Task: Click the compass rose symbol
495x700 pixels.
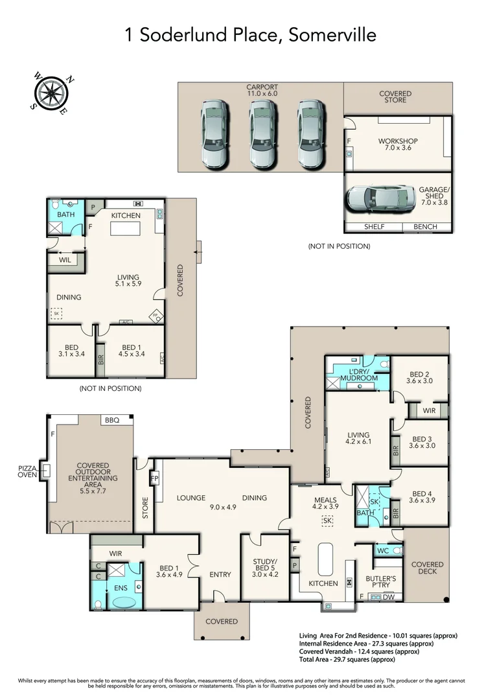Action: (52, 93)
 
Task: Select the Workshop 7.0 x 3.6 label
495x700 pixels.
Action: (398, 144)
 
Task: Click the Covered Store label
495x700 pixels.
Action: (395, 97)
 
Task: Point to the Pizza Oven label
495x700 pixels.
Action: (27, 471)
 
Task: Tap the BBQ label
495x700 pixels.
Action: (112, 420)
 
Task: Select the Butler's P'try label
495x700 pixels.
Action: (381, 581)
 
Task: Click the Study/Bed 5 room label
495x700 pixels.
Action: (265, 568)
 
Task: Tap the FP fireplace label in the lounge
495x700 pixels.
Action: (155, 478)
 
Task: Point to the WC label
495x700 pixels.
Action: (383, 551)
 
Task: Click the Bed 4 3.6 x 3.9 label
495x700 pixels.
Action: (422, 497)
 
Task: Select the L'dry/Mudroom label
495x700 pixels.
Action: (359, 375)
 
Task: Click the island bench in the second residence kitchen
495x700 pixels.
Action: (126, 229)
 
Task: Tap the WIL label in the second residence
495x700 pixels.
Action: (65, 260)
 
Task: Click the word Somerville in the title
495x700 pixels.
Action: (332, 35)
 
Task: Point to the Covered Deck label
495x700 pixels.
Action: (427, 568)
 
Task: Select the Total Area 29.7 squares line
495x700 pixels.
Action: (347, 659)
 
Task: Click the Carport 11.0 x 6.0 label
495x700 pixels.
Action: (262, 90)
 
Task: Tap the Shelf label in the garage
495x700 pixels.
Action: (374, 227)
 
